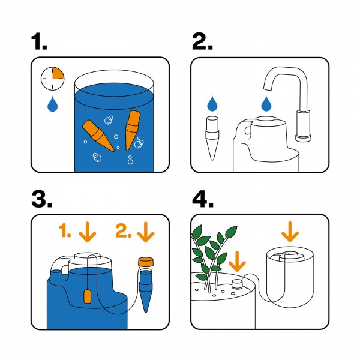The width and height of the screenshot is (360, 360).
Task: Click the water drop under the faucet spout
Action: point(265,106)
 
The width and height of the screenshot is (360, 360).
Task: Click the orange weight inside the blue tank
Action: point(86,296)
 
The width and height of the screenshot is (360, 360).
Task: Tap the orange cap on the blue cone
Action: point(145,262)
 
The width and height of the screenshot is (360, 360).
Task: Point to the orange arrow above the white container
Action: point(290,230)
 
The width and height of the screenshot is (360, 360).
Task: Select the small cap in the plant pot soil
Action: point(236,283)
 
